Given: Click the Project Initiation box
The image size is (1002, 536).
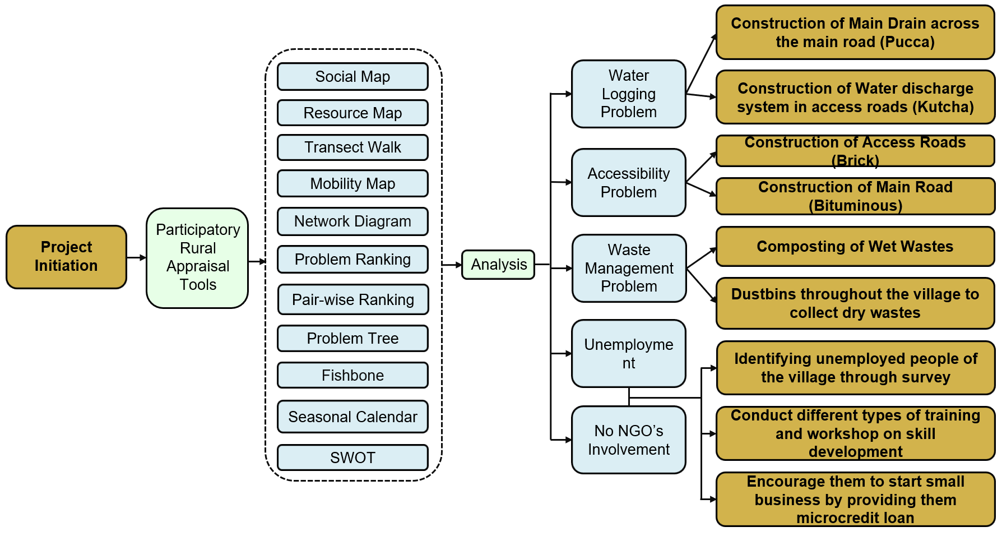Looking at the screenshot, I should click(66, 257).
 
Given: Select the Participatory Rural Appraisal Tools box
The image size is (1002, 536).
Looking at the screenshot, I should click(197, 257).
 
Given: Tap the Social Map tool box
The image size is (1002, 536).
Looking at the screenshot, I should click(352, 76).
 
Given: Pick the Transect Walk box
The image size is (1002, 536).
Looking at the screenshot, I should click(352, 147).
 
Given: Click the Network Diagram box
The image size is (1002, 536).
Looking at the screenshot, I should click(352, 221).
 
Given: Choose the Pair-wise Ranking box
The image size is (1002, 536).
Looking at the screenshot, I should click(352, 299).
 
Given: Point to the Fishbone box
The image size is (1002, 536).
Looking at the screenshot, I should click(352, 375).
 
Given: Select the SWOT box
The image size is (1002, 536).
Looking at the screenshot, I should click(352, 458).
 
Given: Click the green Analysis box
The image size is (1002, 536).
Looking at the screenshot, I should click(498, 265).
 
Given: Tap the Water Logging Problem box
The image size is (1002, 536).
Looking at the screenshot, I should click(628, 94).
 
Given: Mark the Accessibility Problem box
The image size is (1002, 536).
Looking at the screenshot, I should click(628, 182).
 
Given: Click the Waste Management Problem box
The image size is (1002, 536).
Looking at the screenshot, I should click(629, 268).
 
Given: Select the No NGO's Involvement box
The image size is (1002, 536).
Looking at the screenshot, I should click(628, 440).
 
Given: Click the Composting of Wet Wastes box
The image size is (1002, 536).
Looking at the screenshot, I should click(855, 246).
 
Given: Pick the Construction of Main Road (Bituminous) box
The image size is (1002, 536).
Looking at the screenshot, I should click(855, 196).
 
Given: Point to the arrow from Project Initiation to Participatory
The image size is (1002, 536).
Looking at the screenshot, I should click(136, 257).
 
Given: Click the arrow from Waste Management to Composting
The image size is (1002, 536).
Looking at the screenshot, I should click(702, 257).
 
